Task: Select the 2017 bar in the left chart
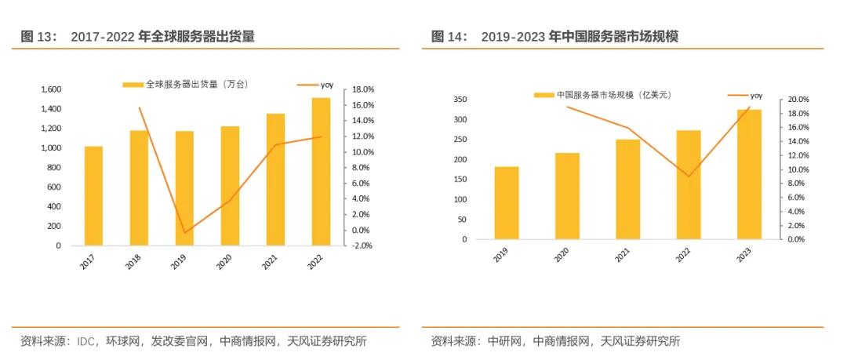click(x=93, y=196)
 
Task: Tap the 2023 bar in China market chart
click(x=749, y=174)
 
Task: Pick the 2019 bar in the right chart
click(x=506, y=202)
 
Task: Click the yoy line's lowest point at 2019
click(x=185, y=233)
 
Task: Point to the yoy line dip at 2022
click(x=689, y=176)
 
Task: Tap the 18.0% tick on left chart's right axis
click(x=363, y=89)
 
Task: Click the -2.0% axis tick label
click(x=363, y=245)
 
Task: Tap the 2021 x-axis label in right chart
click(x=621, y=255)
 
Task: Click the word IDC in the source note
click(x=87, y=341)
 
